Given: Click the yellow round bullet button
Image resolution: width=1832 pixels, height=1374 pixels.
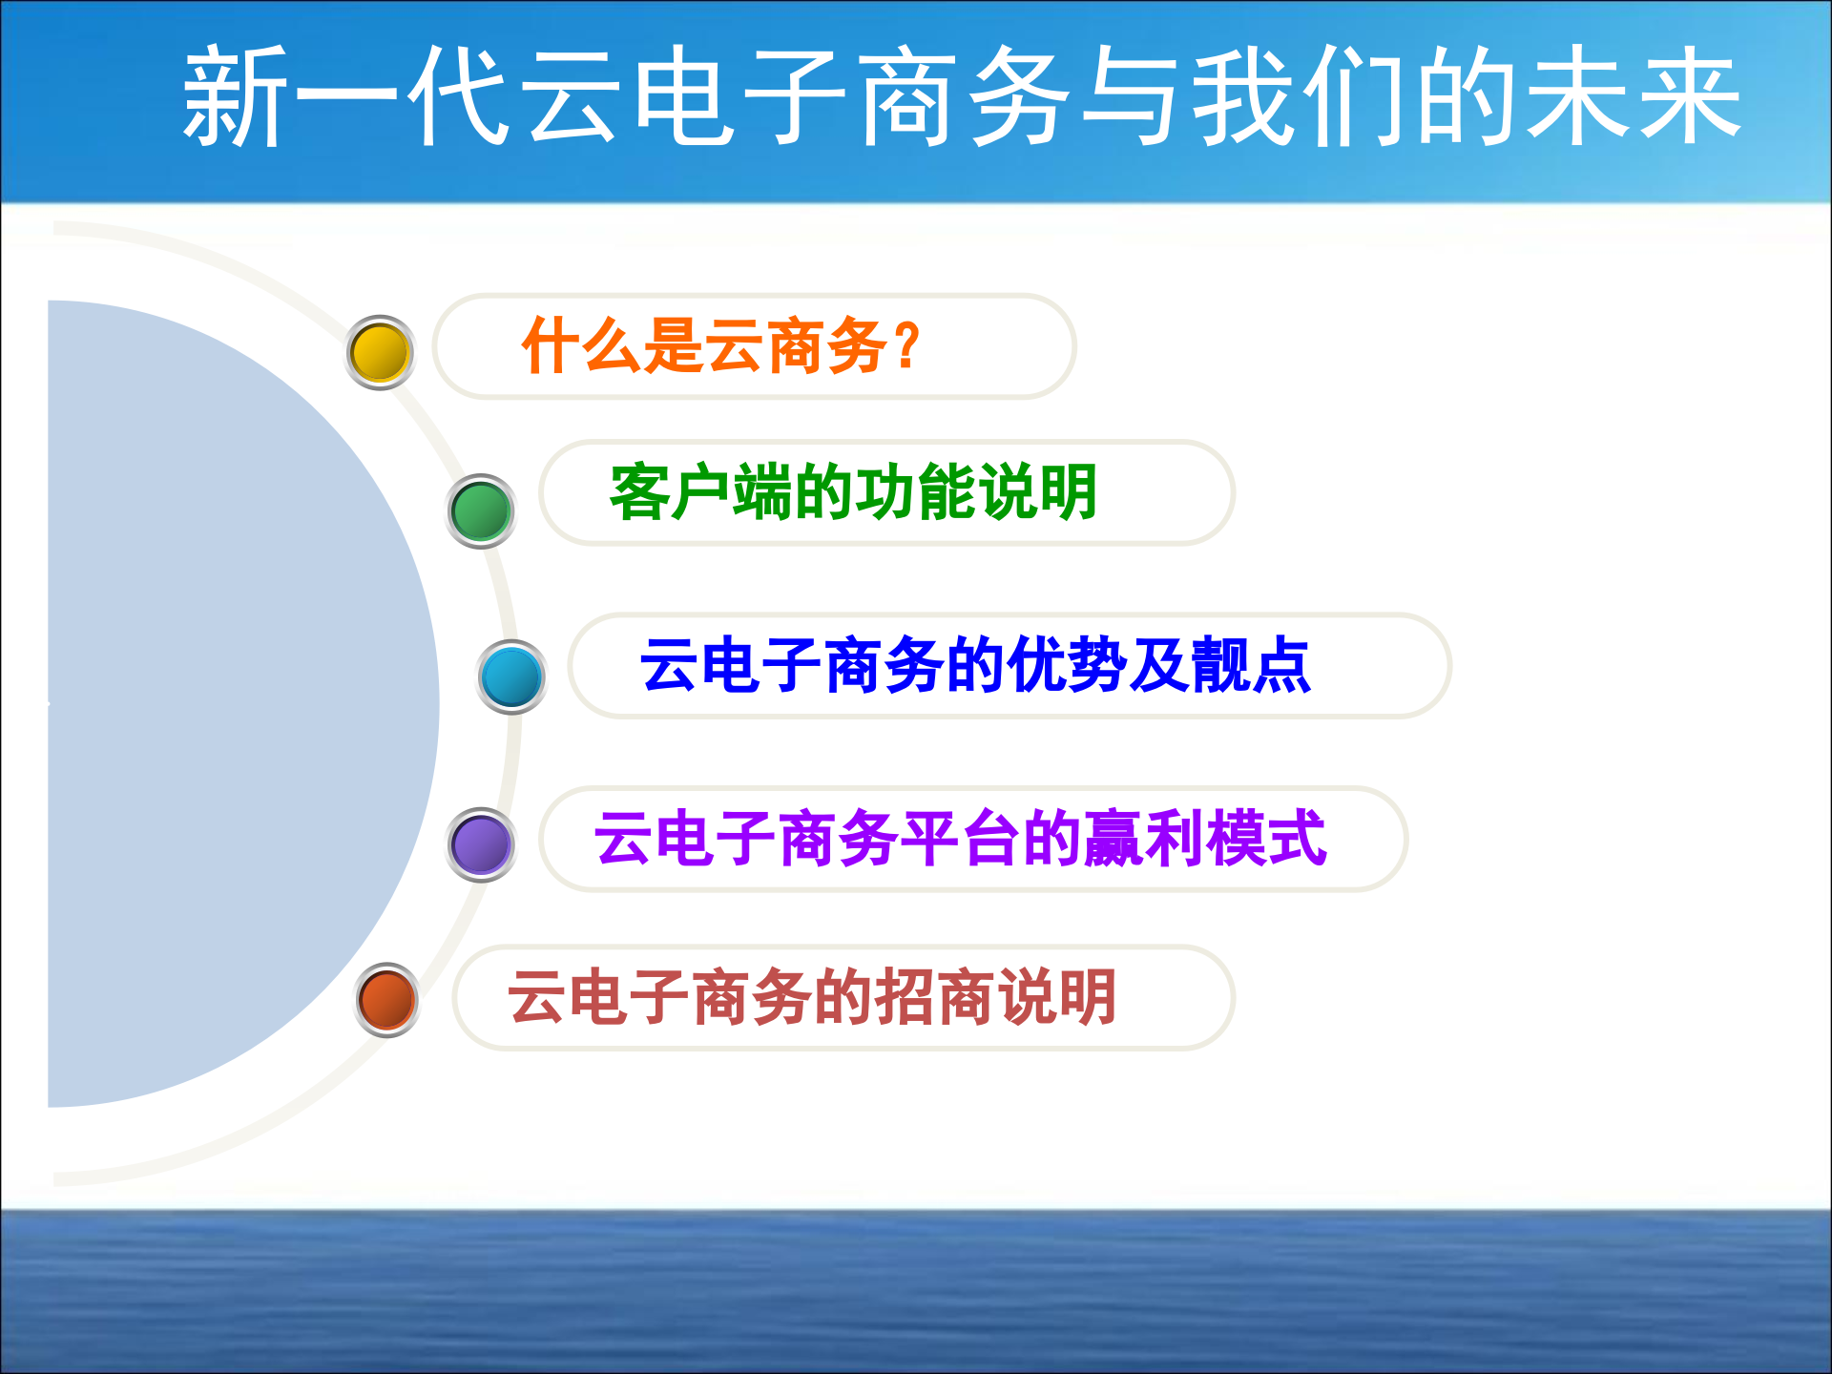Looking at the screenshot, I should coord(380,352).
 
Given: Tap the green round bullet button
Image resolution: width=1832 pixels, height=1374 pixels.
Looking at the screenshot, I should coord(481,510).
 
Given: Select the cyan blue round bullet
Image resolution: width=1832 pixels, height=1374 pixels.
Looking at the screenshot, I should coord(511,677).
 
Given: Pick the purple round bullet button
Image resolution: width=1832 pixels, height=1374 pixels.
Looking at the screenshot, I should coord(481,844).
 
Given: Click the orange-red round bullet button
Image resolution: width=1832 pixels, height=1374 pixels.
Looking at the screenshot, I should coord(386,1000).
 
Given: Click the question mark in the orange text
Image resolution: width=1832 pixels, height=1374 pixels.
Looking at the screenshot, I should coord(907,345).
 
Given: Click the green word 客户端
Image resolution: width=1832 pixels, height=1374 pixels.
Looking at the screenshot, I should coord(701,492).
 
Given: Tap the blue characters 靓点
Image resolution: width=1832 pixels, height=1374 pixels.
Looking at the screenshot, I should coord(1251,665).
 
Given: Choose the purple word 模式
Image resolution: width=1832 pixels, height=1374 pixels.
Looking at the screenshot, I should coord(1266,839).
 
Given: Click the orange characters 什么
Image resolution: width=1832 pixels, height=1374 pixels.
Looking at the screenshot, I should coord(581,345).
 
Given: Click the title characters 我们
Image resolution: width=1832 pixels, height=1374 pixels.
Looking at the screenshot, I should coord(1298,96).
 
